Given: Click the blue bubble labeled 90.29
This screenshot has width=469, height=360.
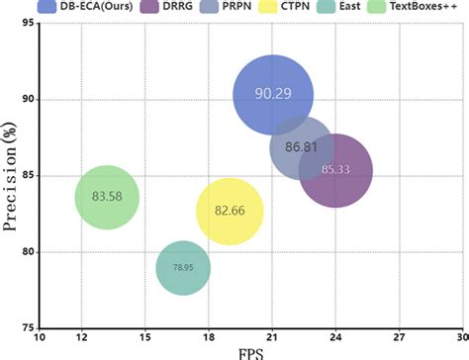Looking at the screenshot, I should tap(273, 95).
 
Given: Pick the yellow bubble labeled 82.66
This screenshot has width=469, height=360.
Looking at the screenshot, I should tap(230, 211).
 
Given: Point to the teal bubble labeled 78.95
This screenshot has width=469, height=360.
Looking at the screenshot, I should tap(183, 267).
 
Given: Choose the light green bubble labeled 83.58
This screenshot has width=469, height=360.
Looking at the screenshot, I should tap(107, 198).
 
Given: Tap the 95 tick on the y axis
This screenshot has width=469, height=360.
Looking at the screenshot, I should tap(30, 23).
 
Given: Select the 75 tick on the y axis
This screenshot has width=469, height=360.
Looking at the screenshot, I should tap(30, 327).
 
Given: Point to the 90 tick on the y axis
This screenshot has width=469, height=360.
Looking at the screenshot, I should tap(30, 99).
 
